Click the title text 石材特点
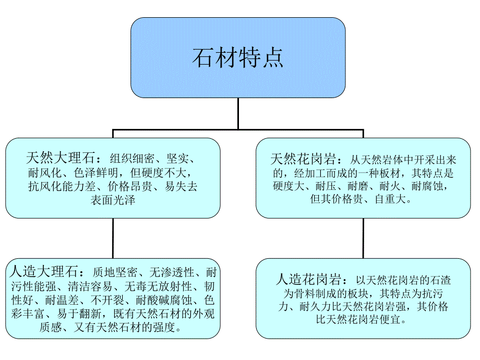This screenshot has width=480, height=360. (x=238, y=58)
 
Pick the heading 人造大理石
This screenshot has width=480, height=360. (x=43, y=272)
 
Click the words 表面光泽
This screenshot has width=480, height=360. (x=113, y=200)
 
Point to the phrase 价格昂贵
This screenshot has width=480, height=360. (x=131, y=186)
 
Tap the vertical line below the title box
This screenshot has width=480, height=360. (x=238, y=113)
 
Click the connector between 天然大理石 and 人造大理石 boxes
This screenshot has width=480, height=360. (x=113, y=237)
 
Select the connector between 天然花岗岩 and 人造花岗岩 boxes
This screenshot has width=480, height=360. (x=363, y=238)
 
